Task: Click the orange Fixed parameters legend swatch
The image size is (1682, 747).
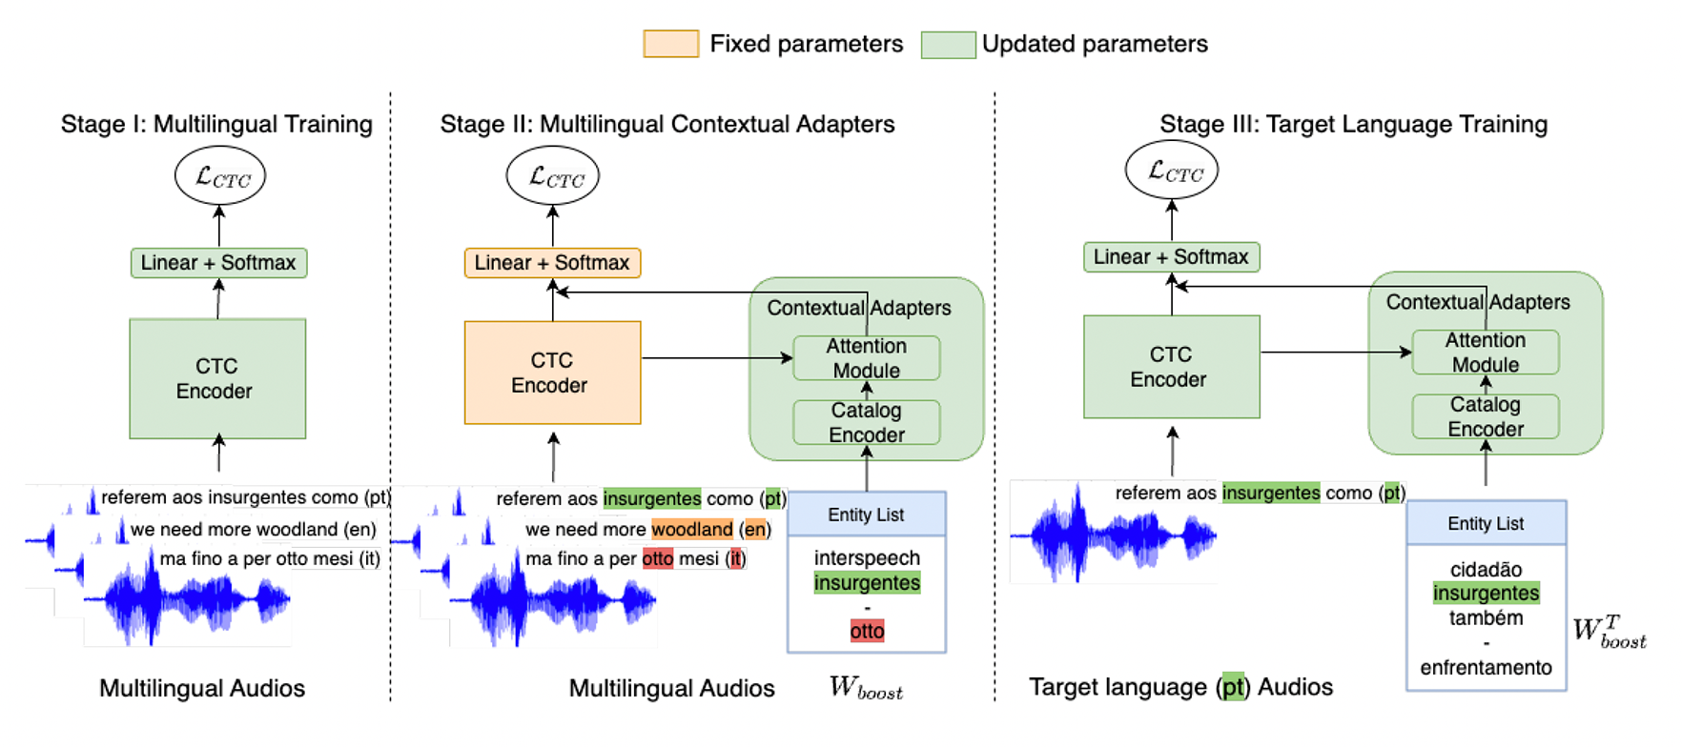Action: tap(670, 44)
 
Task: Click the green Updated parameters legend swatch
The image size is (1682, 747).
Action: tap(948, 45)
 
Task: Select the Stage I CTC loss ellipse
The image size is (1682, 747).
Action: tap(220, 176)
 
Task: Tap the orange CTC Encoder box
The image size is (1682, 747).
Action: tap(552, 373)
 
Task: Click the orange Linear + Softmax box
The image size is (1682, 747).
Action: tap(552, 262)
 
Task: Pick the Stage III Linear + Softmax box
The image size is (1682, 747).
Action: tap(1171, 256)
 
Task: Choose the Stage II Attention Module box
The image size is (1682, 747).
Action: tap(866, 358)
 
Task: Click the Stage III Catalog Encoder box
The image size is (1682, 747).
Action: tap(1485, 416)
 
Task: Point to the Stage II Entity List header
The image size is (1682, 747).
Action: tap(866, 515)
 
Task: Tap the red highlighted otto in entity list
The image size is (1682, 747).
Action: tap(867, 631)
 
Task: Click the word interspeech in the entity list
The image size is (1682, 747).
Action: tap(867, 557)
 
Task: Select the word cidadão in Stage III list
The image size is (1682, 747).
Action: tap(1486, 570)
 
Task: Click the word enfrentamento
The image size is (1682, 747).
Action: tap(1486, 668)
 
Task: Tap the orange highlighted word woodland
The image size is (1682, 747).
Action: tap(692, 529)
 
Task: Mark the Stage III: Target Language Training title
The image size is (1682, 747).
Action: tap(1353, 124)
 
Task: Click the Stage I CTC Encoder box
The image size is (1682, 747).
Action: tap(217, 378)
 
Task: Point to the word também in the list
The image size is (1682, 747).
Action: tap(1486, 618)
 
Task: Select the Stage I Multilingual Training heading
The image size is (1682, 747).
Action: tap(216, 124)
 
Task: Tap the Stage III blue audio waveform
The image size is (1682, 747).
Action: tap(1113, 535)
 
